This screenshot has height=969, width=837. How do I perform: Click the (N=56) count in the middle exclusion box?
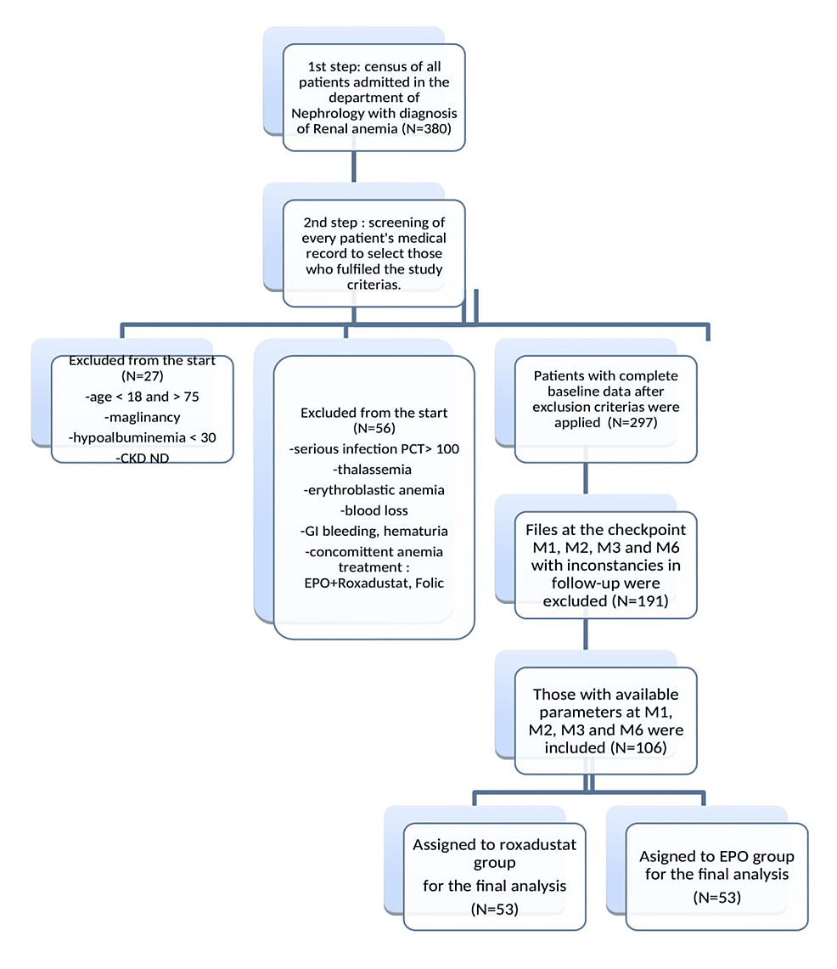point(374,429)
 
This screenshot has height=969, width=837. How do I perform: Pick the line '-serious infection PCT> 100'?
point(374,448)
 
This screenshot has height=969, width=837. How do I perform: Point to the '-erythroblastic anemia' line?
point(374,490)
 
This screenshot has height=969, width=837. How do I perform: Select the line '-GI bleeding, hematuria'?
point(374,531)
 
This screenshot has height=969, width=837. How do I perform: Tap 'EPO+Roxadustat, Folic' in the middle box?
point(374,583)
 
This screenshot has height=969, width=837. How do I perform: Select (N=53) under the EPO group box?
point(716,896)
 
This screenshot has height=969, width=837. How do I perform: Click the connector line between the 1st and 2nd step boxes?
point(352,166)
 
